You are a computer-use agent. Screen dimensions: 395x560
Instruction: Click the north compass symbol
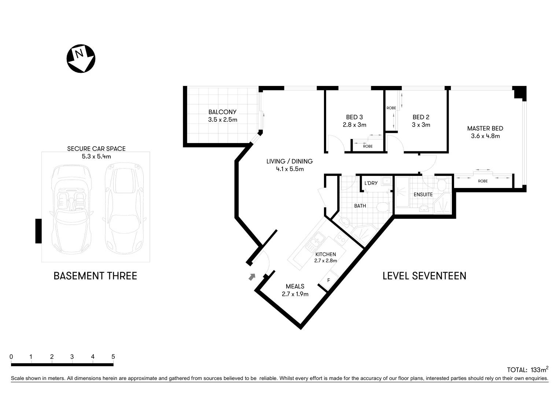click(x=81, y=59)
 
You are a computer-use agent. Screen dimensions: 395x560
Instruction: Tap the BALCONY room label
click(x=222, y=112)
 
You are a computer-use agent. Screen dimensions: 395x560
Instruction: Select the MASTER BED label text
click(x=485, y=128)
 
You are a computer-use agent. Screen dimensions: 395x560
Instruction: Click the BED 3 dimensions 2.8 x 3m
click(x=354, y=125)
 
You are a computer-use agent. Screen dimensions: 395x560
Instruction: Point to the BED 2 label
click(x=421, y=117)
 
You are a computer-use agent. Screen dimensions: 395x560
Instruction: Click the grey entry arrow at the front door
click(x=252, y=277)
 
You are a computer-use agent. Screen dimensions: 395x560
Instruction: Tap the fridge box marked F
click(x=328, y=281)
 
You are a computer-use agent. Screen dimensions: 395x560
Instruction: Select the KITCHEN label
click(x=325, y=254)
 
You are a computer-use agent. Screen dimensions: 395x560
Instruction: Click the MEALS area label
click(x=295, y=286)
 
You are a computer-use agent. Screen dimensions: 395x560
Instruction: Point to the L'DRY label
click(x=371, y=183)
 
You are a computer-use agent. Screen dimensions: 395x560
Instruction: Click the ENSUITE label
click(x=423, y=194)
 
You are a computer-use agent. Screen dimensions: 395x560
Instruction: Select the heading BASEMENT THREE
click(x=95, y=276)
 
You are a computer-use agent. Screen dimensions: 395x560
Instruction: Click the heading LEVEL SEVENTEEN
click(x=424, y=276)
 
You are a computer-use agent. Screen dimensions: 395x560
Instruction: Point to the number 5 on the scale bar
click(x=113, y=357)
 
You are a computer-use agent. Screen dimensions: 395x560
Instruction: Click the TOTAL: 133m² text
click(x=527, y=369)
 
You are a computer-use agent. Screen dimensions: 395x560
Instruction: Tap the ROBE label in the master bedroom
click(x=483, y=181)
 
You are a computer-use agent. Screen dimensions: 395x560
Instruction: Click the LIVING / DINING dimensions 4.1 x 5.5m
click(x=290, y=169)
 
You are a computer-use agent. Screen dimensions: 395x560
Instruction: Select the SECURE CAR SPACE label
click(x=96, y=148)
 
